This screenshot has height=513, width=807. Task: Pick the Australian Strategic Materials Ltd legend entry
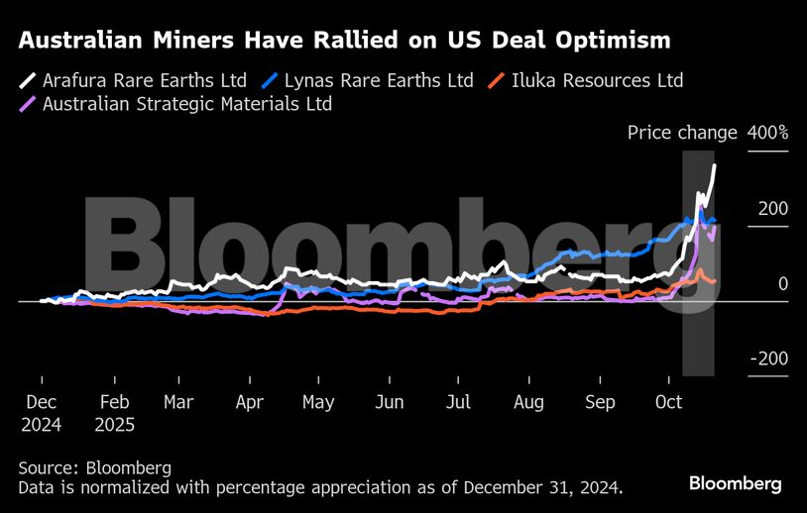tap(187, 103)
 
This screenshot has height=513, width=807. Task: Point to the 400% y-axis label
tap(768, 133)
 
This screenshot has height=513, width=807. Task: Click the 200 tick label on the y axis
tap(774, 208)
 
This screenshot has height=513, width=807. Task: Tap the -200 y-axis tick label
tap(768, 359)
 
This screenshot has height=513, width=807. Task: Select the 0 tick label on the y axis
tap(782, 283)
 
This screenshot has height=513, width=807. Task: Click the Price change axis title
tap(682, 133)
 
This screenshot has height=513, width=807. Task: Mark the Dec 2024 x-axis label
tap(41, 413)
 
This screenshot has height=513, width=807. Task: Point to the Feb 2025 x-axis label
tap(115, 413)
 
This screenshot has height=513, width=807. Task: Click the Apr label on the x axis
tap(251, 402)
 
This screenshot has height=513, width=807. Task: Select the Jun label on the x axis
tap(390, 402)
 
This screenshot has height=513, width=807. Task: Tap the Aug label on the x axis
tap(529, 402)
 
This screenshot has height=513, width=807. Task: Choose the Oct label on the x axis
tap(669, 402)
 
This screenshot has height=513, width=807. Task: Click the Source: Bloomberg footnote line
tap(95, 467)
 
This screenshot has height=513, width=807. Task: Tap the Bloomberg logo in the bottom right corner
tap(736, 484)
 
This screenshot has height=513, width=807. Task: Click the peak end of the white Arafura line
tap(715, 166)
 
